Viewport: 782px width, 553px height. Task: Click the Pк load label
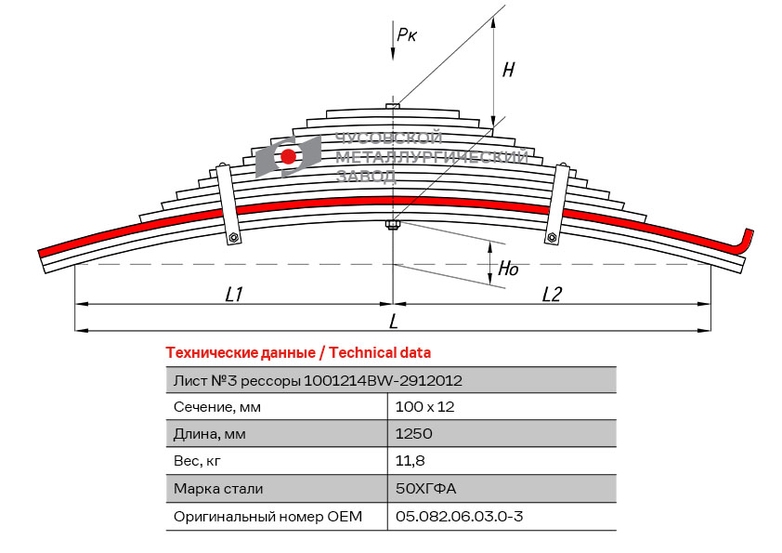[x=407, y=35]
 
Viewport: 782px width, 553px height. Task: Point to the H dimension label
[x=508, y=70]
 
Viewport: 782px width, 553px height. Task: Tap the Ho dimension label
[x=508, y=270]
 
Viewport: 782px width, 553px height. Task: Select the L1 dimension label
[x=234, y=294]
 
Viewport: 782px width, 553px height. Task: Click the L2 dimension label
[x=552, y=294]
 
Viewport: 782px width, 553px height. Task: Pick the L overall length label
[x=394, y=322]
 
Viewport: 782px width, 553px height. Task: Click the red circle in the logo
[x=289, y=156]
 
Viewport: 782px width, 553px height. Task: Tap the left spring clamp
[x=227, y=204]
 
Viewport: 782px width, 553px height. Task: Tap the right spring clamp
[x=557, y=204]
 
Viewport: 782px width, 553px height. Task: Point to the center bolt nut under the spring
[x=393, y=224]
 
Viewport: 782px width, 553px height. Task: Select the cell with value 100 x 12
[x=424, y=407]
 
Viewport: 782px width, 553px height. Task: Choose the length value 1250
[x=413, y=434]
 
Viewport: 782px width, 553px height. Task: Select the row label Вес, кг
[x=198, y=461]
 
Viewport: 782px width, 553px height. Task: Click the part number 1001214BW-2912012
[x=384, y=380]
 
